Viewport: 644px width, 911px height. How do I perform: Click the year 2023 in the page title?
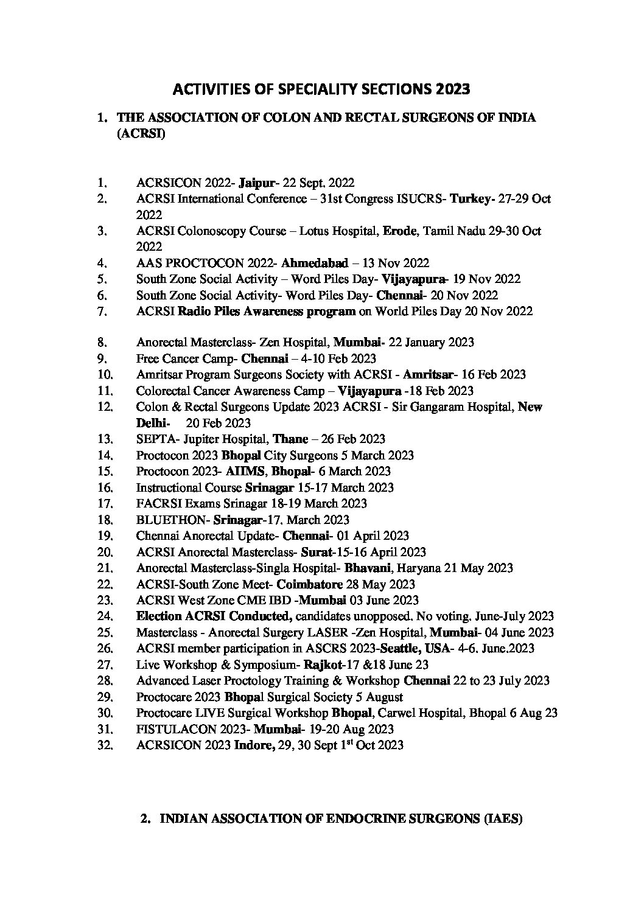452,90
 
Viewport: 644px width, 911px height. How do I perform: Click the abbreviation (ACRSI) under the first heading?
140,134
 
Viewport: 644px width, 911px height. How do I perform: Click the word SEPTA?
153,439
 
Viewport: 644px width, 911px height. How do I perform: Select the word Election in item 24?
157,616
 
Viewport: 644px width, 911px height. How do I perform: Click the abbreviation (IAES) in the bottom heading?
503,819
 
